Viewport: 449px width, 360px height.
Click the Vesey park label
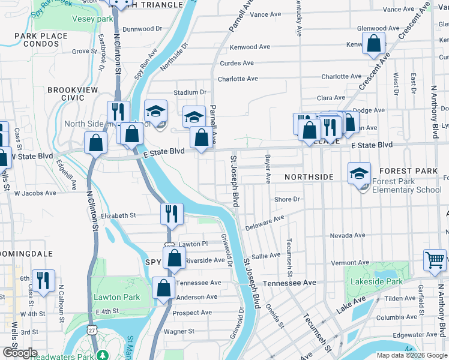coord(92,19)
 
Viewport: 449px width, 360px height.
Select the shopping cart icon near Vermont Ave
coord(435,260)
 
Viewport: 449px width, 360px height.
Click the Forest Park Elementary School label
coord(406,185)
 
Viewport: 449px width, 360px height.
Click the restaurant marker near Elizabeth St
coord(172,214)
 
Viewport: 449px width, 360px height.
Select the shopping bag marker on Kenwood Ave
coord(373,44)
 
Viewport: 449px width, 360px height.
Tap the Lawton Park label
coord(116,297)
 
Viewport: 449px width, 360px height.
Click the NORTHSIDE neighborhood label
coord(309,177)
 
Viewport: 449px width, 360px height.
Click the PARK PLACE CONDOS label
coord(41,40)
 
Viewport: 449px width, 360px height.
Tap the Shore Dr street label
coord(286,199)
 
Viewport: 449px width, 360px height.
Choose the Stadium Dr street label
coord(190,92)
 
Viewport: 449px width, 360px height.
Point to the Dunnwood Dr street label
coord(142,29)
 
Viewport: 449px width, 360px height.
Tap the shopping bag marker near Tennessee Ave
coord(163,288)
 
